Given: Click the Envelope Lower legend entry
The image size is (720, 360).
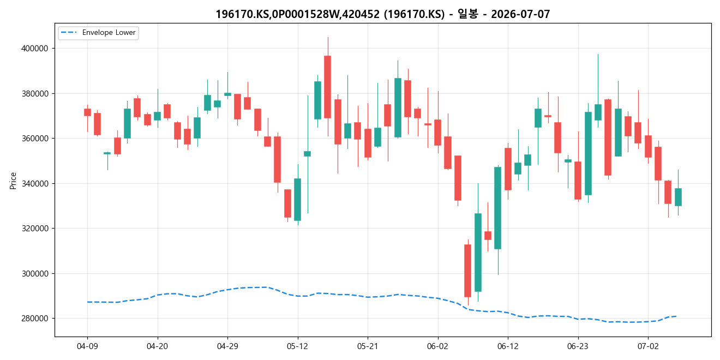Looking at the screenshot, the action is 98,33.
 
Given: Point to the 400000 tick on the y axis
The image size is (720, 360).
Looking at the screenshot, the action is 35,49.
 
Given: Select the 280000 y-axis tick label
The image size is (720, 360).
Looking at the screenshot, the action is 35,319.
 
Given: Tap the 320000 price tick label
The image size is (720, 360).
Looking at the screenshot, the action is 35,229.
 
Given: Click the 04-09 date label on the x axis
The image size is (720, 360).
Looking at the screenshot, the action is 87,346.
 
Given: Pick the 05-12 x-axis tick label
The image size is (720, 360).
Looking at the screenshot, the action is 298,346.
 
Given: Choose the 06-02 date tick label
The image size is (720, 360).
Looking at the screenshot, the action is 438,346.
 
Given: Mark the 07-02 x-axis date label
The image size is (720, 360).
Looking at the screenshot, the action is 648,346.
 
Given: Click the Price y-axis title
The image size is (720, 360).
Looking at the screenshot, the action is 13,181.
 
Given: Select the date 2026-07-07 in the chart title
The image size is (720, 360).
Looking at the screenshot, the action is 520,14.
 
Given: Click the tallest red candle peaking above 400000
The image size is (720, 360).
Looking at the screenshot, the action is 327,87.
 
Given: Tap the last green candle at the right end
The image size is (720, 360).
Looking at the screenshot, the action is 678,197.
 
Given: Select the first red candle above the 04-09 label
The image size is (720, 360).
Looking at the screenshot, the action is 87,112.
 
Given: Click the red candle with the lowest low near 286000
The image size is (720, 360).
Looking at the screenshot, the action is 467,271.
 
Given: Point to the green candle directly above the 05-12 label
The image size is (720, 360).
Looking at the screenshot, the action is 298,199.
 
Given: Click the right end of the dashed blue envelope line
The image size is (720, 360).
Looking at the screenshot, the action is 676,316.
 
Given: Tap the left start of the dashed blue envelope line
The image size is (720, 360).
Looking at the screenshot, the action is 87,302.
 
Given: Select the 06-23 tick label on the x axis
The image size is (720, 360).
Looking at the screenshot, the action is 578,346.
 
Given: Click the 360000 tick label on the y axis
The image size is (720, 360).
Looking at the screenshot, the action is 35,139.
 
